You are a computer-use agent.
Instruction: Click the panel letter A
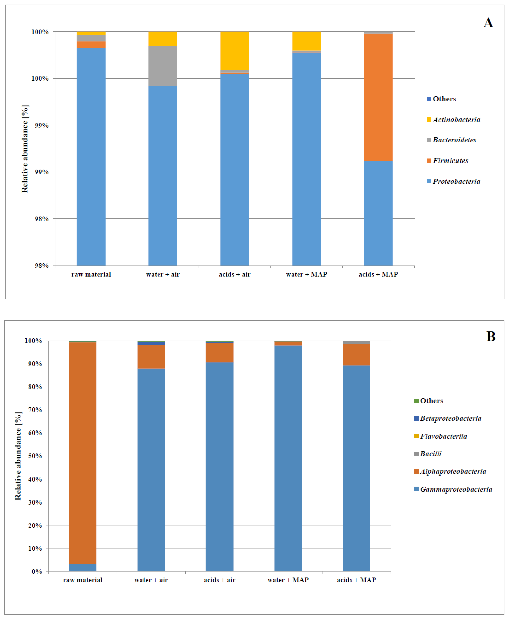(x=488, y=23)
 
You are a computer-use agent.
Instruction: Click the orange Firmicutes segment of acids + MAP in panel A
(x=378, y=97)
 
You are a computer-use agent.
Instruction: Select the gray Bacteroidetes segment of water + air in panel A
(x=163, y=66)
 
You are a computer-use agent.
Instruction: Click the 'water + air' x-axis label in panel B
(x=151, y=580)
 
